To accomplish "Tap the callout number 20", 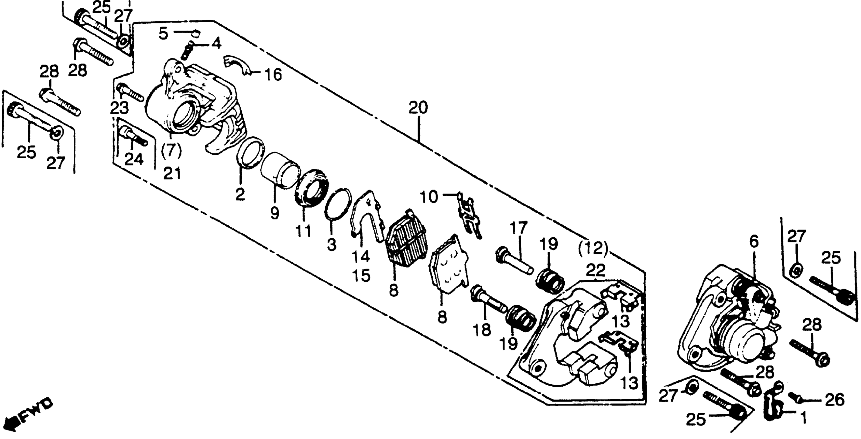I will pos(418,108).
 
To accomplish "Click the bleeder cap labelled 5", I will pos(196,33).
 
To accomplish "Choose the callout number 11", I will pos(303,231).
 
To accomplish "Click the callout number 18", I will pos(482,330).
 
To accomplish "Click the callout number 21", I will pos(172,173).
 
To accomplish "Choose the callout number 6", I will pos(754,241).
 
